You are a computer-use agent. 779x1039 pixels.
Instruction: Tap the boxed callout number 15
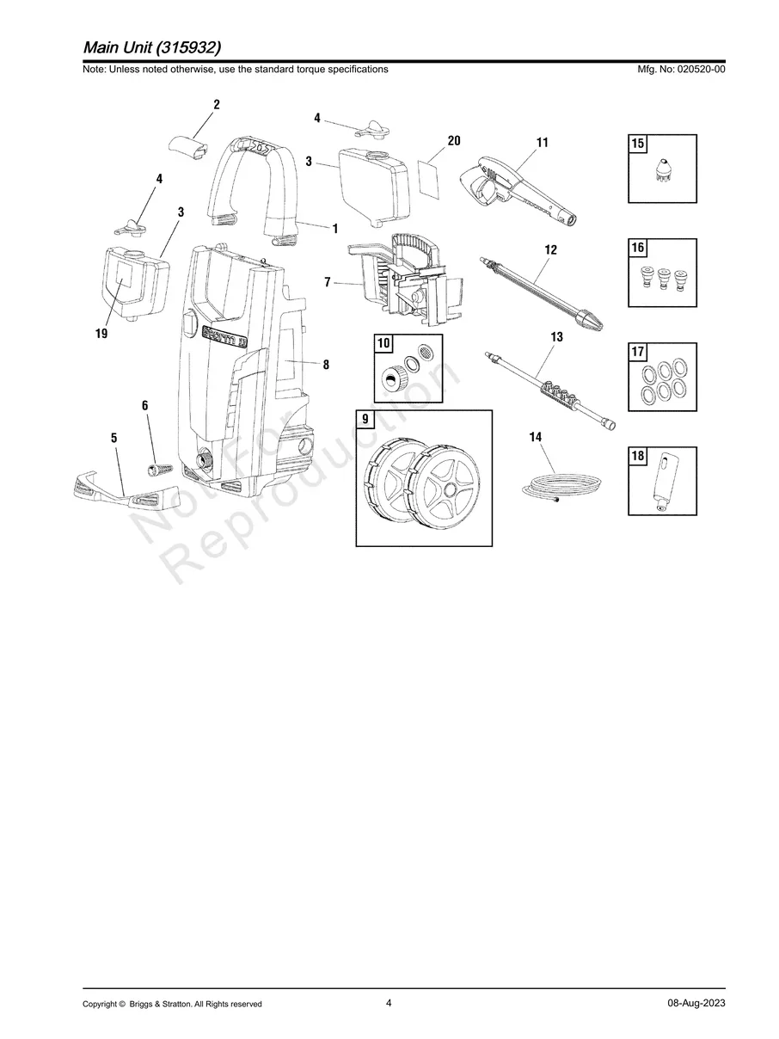click(638, 144)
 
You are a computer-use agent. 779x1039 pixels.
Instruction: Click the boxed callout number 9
click(365, 420)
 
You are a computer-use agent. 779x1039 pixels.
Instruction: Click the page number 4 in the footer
click(389, 1003)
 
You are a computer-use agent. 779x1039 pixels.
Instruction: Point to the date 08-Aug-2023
click(696, 1004)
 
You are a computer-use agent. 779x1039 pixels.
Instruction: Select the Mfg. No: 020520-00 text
click(678, 70)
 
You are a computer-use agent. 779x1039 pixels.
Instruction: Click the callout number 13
click(556, 337)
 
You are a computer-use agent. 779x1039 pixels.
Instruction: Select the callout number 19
click(101, 334)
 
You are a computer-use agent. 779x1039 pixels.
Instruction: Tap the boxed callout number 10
click(383, 344)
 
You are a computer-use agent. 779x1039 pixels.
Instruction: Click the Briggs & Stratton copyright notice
click(172, 1004)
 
